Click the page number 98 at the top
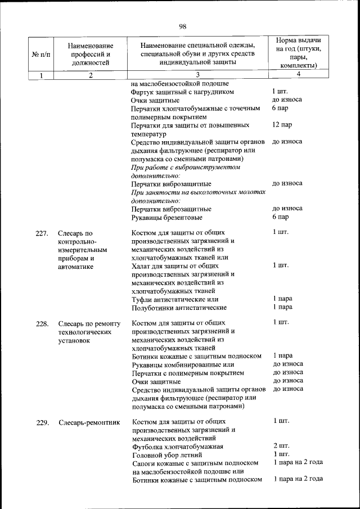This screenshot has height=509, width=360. (182, 26)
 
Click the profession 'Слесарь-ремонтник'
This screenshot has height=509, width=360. (89, 422)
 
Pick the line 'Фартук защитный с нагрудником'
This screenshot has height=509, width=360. (182, 92)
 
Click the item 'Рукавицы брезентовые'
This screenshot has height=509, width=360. (166, 217)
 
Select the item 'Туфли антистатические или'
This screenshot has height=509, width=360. (174, 299)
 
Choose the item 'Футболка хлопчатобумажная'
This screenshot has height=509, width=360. (177, 447)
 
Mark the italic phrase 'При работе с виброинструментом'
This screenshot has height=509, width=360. (185, 167)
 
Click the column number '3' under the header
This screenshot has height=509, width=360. (198, 75)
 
